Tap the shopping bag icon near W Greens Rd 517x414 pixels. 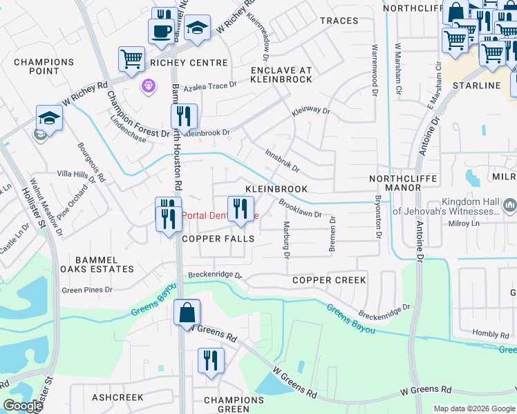[187, 313]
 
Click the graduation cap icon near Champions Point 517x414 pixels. [50, 118]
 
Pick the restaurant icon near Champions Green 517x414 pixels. [211, 360]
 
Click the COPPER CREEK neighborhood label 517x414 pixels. [329, 280]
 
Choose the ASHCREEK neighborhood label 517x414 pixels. [117, 397]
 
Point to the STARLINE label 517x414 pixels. [476, 86]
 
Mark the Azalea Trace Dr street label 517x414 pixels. [207, 87]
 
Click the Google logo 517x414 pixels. [23, 406]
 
